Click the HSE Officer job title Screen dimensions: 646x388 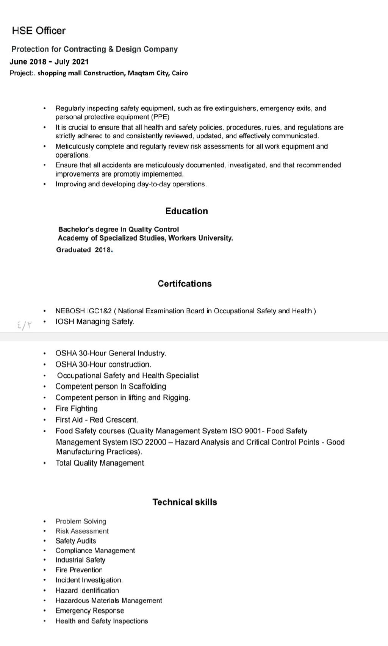click(39, 31)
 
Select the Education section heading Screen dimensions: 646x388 click(186, 211)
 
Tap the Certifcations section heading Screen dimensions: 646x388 click(185, 284)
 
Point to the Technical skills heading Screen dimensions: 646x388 click(185, 502)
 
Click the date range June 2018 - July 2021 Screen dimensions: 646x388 click(49, 62)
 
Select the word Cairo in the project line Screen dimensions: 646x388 click(180, 73)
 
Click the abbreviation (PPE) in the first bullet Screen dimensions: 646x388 click(160, 117)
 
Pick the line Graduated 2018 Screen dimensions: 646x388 click(84, 250)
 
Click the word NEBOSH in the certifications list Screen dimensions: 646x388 click(70, 311)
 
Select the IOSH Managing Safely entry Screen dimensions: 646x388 click(95, 322)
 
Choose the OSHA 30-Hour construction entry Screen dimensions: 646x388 click(103, 364)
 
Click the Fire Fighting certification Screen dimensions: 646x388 click(77, 409)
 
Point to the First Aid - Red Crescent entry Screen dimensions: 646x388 click(97, 420)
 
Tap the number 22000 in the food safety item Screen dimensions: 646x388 click(155, 442)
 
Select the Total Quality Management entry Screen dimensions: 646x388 click(100, 463)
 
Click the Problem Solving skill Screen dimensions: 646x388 click(81, 521)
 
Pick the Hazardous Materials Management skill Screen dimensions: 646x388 click(109, 601)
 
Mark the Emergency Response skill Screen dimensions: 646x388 click(90, 611)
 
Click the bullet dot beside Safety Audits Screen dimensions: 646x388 click(45, 541)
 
